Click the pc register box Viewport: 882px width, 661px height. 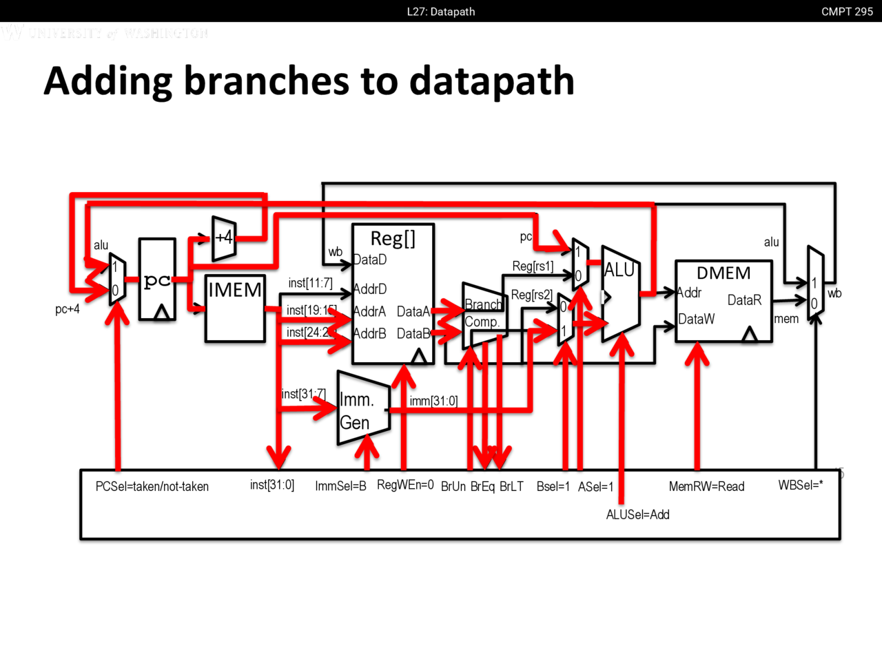pyautogui.click(x=157, y=280)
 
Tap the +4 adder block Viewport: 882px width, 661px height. pyautogui.click(x=224, y=239)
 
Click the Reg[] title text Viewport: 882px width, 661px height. pyautogui.click(x=393, y=238)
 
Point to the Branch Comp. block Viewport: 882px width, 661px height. pyautogui.click(x=484, y=314)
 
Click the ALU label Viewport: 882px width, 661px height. pyautogui.click(x=619, y=270)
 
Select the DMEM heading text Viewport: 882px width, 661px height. pyautogui.click(x=724, y=273)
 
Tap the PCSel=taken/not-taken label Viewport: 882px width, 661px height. pyautogui.click(x=152, y=487)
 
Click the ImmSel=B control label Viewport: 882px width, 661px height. pyautogui.click(x=340, y=486)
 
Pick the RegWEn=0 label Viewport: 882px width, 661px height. pyautogui.click(x=405, y=485)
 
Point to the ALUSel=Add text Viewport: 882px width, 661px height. pyautogui.click(x=637, y=514)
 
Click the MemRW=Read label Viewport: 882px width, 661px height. pyautogui.click(x=706, y=487)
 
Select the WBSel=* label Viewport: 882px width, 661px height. pyautogui.click(x=801, y=485)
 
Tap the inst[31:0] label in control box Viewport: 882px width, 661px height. pyautogui.click(x=272, y=485)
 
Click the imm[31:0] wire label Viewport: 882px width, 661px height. pyautogui.click(x=433, y=401)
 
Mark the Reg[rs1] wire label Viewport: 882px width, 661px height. pyautogui.click(x=533, y=266)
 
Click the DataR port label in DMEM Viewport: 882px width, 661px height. pyautogui.click(x=744, y=300)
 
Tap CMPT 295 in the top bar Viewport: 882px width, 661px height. pyautogui.click(x=847, y=12)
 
